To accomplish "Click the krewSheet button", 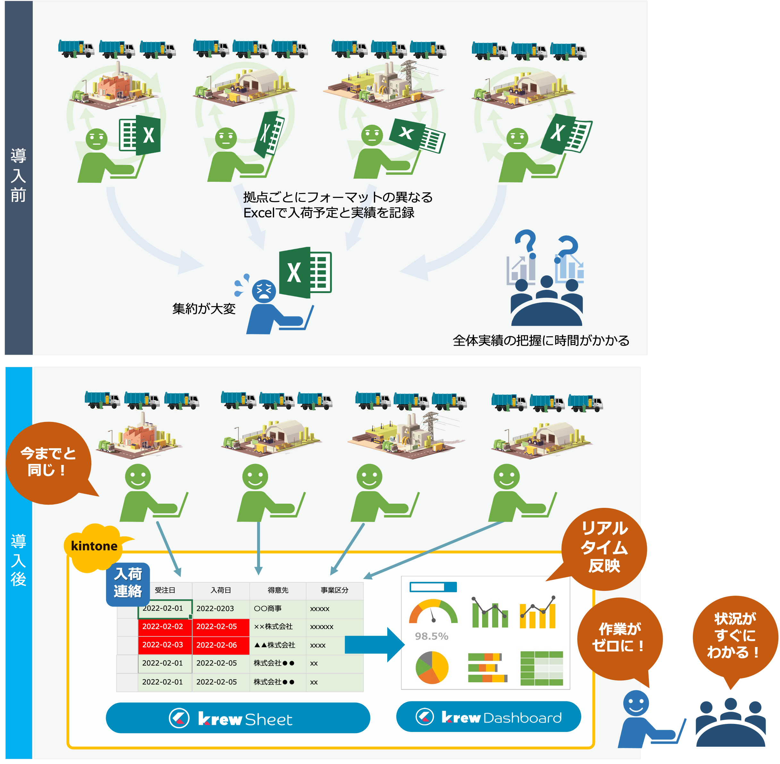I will click(x=238, y=718).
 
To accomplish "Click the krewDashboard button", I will click(x=488, y=717).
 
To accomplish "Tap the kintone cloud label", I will click(x=94, y=546).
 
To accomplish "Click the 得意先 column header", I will click(x=278, y=590).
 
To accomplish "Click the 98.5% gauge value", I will click(x=431, y=636).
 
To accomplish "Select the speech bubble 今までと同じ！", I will click(x=48, y=462).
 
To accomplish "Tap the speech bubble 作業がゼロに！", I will click(x=619, y=638).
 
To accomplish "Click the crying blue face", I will click(x=264, y=291).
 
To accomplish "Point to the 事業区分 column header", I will click(x=334, y=590).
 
